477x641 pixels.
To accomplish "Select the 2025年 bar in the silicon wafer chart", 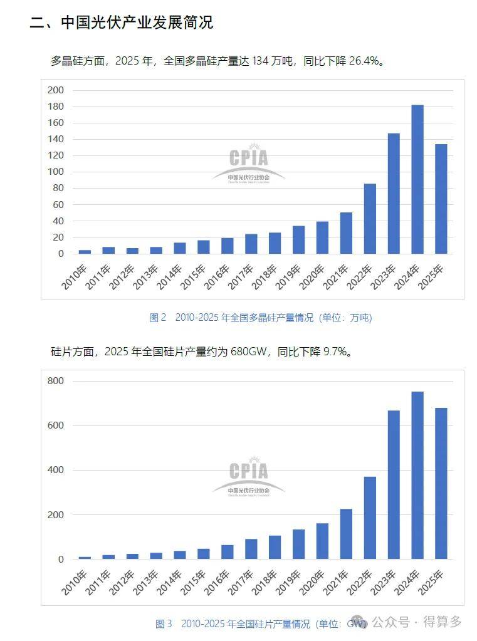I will [x=441, y=483].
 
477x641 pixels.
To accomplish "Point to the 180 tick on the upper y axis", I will [x=56, y=107].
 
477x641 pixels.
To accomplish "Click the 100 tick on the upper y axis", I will [x=56, y=172].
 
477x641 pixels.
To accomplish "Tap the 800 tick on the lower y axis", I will [x=56, y=381].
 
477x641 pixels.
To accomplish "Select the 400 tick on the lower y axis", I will [x=56, y=470].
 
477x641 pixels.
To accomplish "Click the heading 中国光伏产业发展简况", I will [x=137, y=23].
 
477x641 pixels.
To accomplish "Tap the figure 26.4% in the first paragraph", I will [x=364, y=61].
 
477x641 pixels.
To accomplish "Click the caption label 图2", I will [x=157, y=318].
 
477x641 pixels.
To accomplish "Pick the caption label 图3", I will [x=164, y=623].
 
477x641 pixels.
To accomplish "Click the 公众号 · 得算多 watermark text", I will [x=416, y=622].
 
